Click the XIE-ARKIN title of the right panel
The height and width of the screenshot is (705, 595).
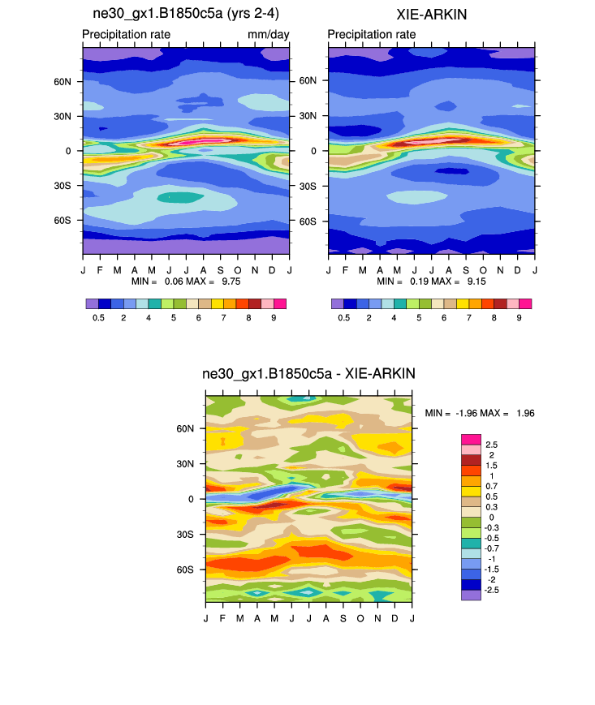[431, 15]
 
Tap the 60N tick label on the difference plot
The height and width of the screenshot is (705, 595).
[187, 428]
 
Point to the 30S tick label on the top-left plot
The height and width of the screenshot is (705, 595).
[63, 186]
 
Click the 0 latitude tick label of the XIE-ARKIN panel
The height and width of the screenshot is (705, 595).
[316, 151]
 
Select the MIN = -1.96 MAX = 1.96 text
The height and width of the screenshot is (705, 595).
[480, 413]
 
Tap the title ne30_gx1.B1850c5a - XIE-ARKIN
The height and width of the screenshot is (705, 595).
[308, 374]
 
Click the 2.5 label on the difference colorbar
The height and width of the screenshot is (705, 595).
[492, 445]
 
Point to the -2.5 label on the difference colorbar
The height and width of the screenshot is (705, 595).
[492, 590]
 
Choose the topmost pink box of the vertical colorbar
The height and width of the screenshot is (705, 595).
[472, 439]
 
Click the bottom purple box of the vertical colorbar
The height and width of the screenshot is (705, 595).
[472, 595]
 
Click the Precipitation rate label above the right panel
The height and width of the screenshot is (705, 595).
[372, 34]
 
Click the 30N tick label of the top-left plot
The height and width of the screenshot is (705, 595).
[63, 116]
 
